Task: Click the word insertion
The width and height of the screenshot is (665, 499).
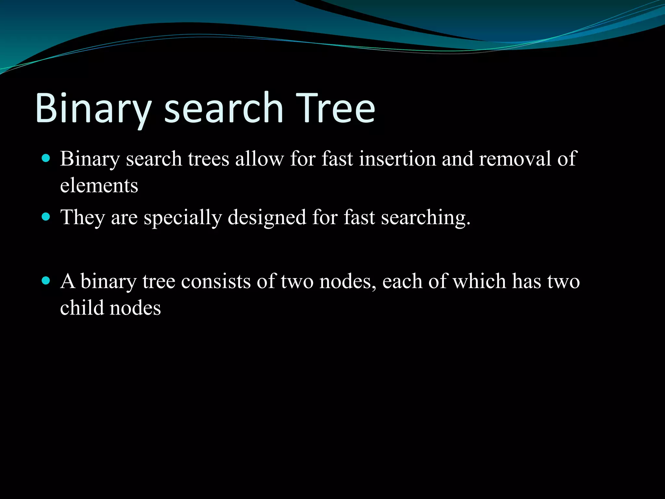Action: tap(397, 159)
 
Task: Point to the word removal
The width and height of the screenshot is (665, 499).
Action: tap(515, 159)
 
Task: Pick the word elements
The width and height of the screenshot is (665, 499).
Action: tap(99, 186)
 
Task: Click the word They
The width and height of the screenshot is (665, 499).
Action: tap(82, 217)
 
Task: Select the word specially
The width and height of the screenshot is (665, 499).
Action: tap(183, 217)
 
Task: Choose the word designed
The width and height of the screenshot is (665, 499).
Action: tap(267, 217)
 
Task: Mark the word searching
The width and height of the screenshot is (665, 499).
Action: tap(425, 217)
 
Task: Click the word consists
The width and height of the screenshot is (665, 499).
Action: tap(216, 281)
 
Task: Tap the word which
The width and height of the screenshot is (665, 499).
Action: tap(479, 281)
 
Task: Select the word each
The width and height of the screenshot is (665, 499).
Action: tap(402, 281)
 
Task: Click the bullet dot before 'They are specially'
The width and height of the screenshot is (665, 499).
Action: tap(46, 217)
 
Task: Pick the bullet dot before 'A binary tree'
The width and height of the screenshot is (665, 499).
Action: tap(46, 281)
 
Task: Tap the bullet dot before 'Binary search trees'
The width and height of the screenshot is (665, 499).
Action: tap(46, 158)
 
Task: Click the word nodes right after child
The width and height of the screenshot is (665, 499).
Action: tap(135, 308)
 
